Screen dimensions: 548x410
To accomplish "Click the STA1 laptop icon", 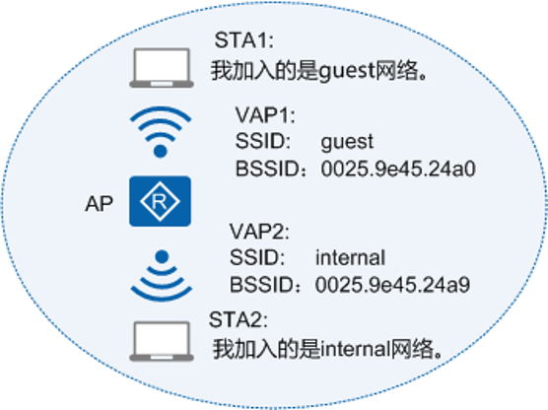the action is tap(162, 68).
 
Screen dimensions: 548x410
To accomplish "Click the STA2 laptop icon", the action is tap(162, 341).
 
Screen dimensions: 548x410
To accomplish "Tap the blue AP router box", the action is tap(160, 201).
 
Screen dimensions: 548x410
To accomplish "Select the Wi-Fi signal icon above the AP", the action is tap(161, 132).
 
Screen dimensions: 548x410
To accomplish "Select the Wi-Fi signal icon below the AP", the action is tap(162, 275).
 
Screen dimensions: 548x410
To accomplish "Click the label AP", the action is tap(100, 203).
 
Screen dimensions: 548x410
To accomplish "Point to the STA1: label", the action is tap(244, 39).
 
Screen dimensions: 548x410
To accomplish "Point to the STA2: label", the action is tap(239, 319).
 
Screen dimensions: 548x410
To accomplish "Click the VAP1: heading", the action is tap(265, 115).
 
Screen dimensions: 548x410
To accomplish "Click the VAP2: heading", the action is tap(259, 231).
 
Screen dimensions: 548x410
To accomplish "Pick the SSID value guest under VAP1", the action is tap(347, 143).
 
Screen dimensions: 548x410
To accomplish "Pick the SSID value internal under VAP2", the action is tap(350, 257).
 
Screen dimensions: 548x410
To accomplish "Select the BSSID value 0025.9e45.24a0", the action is tap(398, 169).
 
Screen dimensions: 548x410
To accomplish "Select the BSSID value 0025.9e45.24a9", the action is tap(392, 285).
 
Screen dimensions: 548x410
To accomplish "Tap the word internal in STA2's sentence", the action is tap(355, 349).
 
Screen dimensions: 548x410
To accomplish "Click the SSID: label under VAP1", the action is tap(263, 141).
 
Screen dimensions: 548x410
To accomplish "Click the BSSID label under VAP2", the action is tap(265, 285).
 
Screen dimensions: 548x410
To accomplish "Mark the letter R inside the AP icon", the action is tap(160, 201).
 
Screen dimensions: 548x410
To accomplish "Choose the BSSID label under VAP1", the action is tap(271, 169).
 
